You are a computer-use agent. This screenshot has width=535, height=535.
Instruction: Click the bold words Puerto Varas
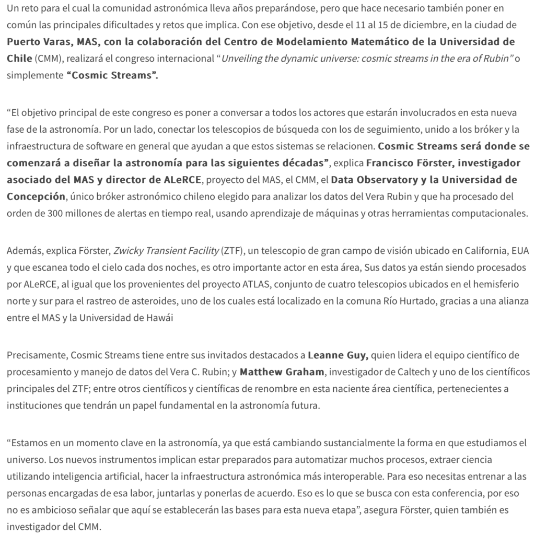click(38, 42)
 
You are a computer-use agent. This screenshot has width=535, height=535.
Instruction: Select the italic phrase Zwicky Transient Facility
click(166, 251)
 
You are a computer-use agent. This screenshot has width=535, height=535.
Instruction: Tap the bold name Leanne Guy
click(338, 356)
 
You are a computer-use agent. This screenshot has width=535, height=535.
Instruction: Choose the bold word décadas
click(298, 164)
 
